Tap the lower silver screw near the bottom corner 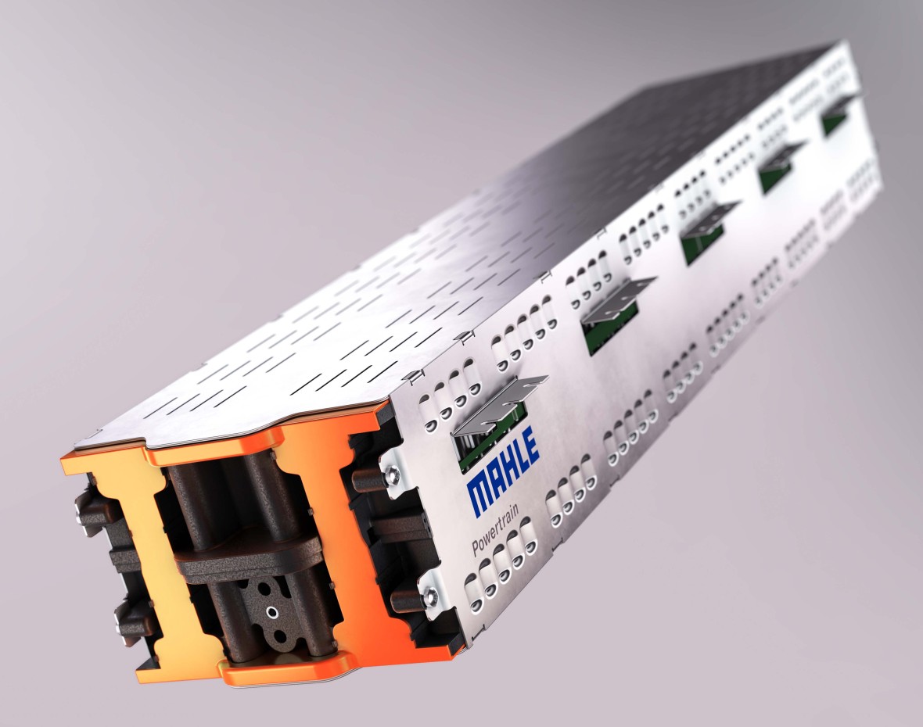[x=429, y=597]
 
